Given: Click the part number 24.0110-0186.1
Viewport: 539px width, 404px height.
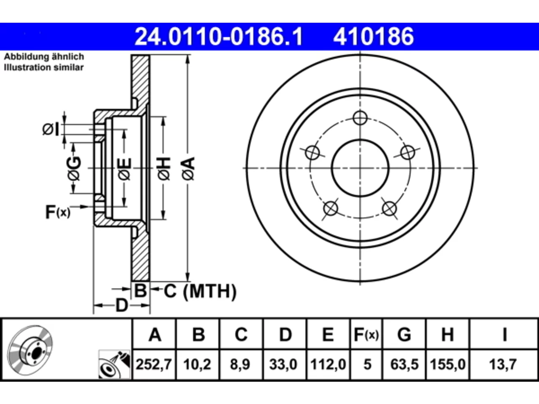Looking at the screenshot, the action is point(219,37).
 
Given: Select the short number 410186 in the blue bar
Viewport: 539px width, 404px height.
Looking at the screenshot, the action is point(374,37).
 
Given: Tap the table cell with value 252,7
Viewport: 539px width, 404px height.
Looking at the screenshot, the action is point(154,364).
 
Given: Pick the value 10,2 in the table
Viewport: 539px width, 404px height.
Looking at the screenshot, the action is point(197,364).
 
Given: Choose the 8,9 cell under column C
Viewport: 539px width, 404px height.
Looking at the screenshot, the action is point(240,364).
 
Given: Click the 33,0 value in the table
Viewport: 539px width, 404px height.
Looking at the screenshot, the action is point(283,364).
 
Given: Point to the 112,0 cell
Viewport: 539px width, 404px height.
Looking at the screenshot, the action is point(328,364).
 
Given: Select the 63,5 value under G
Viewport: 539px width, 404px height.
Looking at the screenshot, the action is point(404,364).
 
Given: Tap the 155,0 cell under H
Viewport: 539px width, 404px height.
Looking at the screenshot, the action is point(448,364).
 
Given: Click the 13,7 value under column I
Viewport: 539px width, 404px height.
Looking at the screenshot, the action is point(503,364).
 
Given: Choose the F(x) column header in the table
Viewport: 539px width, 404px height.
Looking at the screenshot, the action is point(366,335).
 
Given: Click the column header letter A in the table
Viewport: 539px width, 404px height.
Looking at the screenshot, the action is point(155,335).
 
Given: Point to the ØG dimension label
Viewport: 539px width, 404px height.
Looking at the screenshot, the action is point(74,168).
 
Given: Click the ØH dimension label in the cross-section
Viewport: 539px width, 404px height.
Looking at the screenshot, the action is point(164,168).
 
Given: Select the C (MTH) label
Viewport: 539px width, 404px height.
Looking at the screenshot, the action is point(200,291).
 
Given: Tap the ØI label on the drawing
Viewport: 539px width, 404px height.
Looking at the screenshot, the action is point(51,129).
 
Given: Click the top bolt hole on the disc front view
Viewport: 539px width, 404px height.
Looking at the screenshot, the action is point(360,118).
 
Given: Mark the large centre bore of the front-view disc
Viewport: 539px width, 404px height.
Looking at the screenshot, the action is point(360,168).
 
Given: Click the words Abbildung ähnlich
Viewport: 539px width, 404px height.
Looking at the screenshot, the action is point(44,57).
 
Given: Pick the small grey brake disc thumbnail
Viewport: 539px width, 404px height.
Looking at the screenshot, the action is point(30,351).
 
